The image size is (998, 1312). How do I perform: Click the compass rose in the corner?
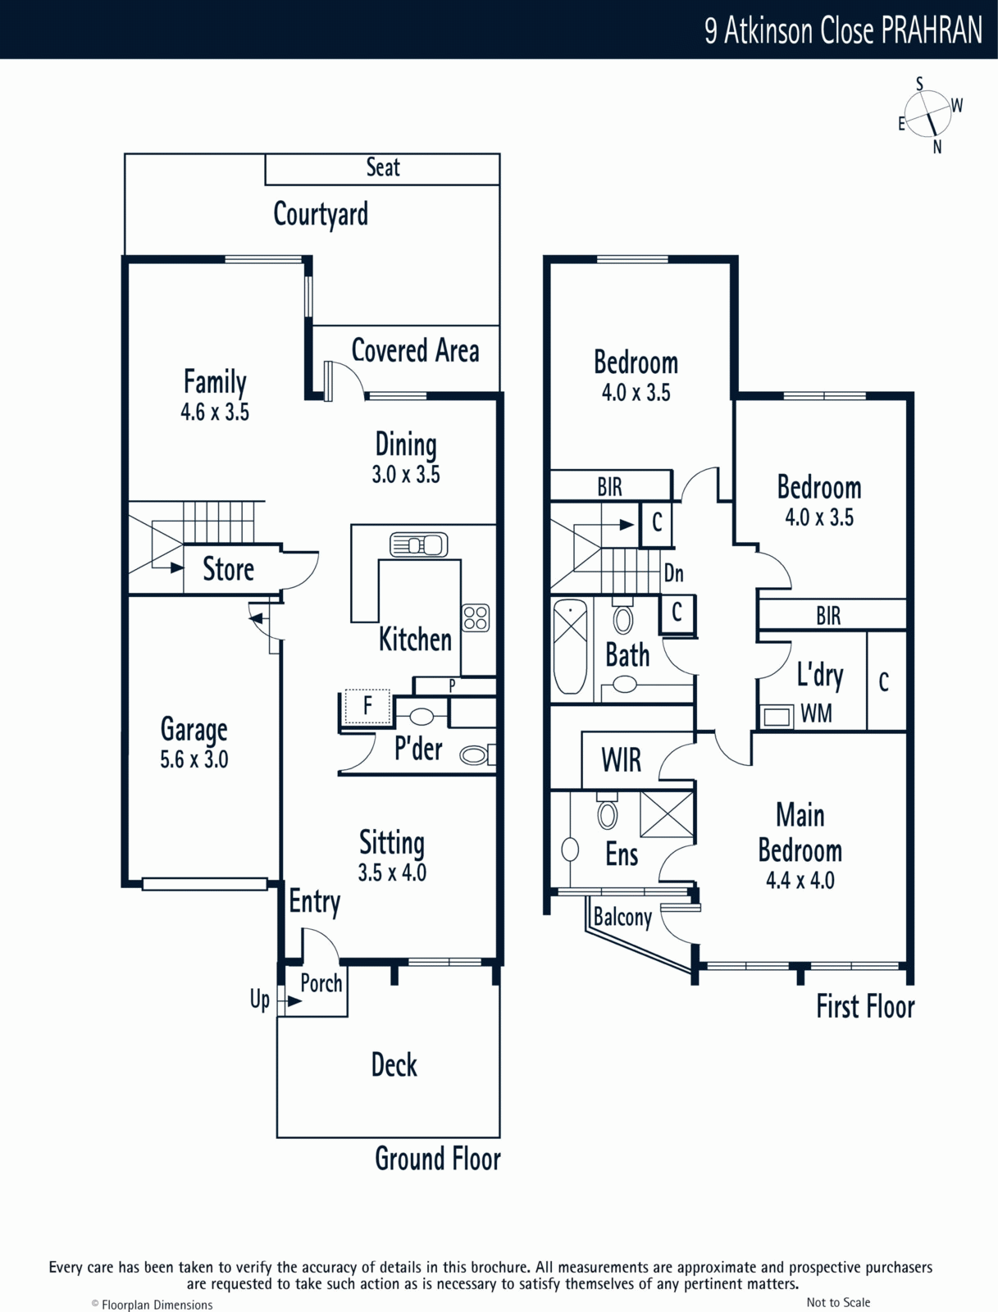(x=927, y=115)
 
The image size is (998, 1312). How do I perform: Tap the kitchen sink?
(x=418, y=544)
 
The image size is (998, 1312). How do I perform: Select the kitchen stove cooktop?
(x=476, y=618)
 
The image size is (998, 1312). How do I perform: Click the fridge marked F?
(x=367, y=707)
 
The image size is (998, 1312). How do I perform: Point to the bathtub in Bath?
(x=570, y=647)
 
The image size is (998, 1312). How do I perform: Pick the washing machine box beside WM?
(x=777, y=716)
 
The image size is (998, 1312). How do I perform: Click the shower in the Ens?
(x=667, y=814)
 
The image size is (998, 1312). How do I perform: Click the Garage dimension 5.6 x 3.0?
(x=194, y=759)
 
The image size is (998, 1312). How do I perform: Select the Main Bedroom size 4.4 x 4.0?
(x=800, y=880)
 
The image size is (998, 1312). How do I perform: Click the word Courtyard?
(x=321, y=214)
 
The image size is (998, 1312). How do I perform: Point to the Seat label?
(x=383, y=167)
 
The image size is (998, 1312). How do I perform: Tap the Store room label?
(x=228, y=568)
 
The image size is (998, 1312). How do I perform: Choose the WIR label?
(x=622, y=759)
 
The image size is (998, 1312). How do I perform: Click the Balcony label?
(x=622, y=917)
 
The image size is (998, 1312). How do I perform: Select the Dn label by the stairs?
(x=673, y=573)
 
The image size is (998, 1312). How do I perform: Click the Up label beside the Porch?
(x=260, y=1000)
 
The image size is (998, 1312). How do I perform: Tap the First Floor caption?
(x=865, y=1007)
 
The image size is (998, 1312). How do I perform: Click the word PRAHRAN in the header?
(x=932, y=30)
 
